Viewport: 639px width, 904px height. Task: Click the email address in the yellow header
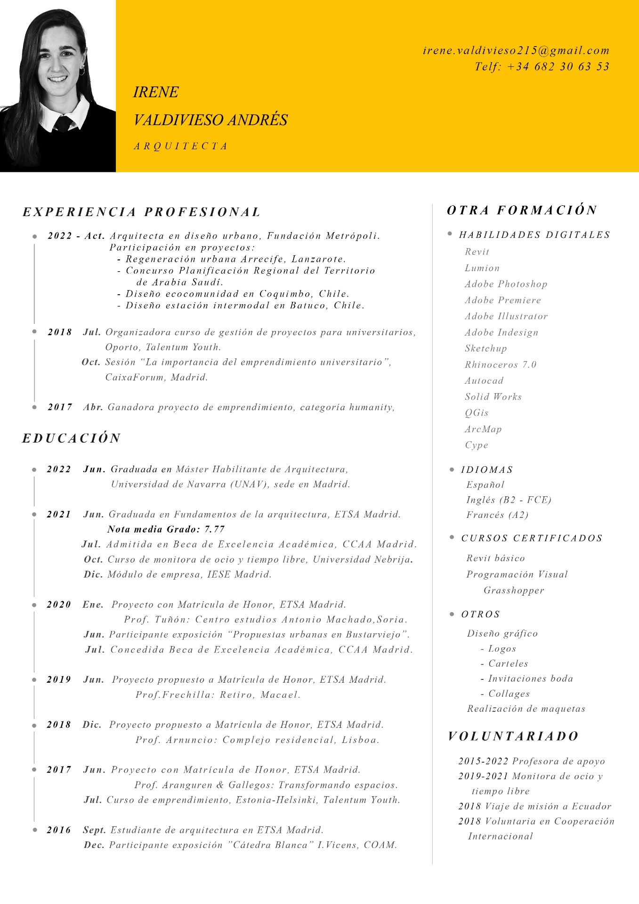[516, 51]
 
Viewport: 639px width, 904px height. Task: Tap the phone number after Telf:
[558, 67]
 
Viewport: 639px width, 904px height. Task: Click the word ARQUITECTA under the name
[181, 146]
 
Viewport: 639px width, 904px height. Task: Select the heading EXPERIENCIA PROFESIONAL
[142, 212]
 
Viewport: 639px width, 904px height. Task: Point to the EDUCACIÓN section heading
[72, 438]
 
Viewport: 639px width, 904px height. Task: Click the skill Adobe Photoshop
[506, 284]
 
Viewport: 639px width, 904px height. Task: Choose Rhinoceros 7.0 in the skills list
[501, 365]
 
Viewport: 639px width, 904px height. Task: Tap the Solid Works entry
[493, 397]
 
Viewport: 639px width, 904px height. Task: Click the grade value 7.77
[215, 529]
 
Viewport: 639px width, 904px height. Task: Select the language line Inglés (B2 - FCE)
[509, 500]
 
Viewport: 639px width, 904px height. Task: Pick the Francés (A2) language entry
[497, 515]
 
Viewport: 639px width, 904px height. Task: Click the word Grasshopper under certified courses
[514, 590]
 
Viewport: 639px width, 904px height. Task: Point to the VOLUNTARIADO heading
[513, 736]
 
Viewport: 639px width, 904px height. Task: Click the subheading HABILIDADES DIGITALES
[534, 235]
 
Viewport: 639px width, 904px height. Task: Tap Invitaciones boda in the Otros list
[530, 679]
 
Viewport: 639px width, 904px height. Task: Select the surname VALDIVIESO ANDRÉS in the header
[210, 120]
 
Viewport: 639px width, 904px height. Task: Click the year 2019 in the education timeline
[59, 680]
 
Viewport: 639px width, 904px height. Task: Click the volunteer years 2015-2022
[483, 762]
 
